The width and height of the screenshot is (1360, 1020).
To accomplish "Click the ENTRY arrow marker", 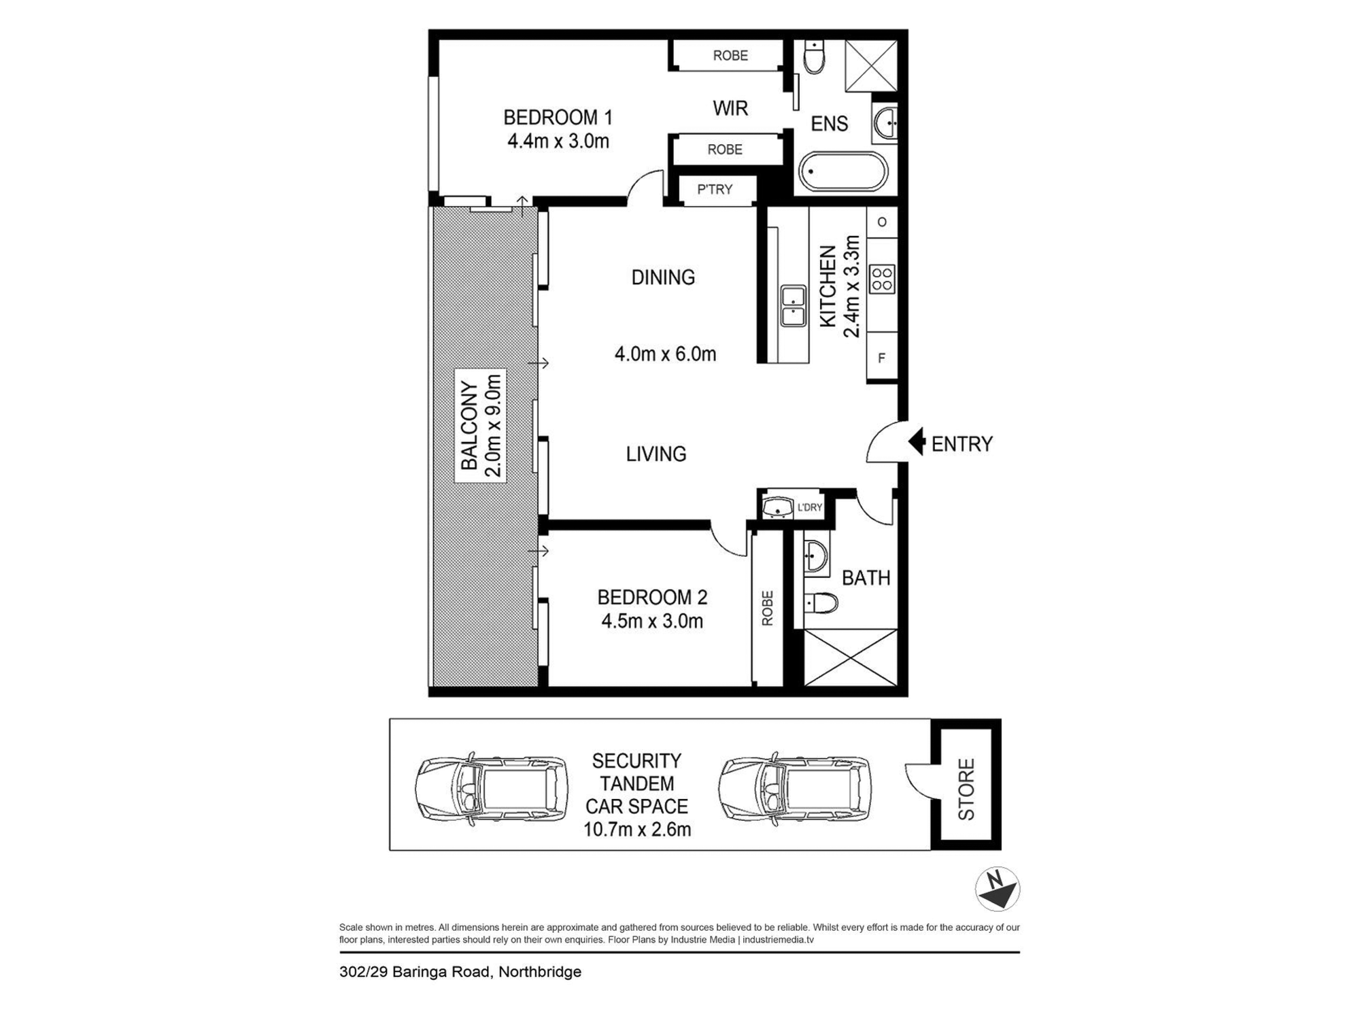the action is (x=917, y=441).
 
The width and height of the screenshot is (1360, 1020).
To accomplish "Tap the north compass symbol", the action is (x=997, y=889).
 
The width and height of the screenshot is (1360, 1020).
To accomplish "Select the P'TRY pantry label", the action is (x=715, y=190).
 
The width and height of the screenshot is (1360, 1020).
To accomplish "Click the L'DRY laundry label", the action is (x=810, y=507).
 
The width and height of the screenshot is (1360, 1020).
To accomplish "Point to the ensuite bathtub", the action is (x=843, y=171).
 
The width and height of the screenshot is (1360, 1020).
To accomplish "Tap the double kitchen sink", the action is (x=793, y=306).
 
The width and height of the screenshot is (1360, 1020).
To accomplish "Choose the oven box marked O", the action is (x=882, y=222).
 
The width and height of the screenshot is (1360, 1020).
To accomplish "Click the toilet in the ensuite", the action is (x=814, y=56).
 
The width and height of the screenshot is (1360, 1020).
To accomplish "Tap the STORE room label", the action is (x=966, y=789).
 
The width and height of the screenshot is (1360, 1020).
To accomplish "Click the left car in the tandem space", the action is (x=492, y=789).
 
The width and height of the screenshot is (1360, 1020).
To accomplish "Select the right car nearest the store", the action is (x=795, y=789).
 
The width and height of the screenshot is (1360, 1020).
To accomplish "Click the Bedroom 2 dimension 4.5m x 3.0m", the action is (x=652, y=621).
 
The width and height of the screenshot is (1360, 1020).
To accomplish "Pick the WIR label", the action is (x=730, y=108).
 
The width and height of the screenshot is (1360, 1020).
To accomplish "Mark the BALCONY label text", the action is (x=469, y=426).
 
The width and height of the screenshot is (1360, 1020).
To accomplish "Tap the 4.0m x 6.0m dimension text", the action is (x=665, y=354).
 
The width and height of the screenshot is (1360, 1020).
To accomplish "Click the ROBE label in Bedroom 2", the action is (x=768, y=608).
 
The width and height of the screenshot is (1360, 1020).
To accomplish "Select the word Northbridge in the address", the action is (x=540, y=972).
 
